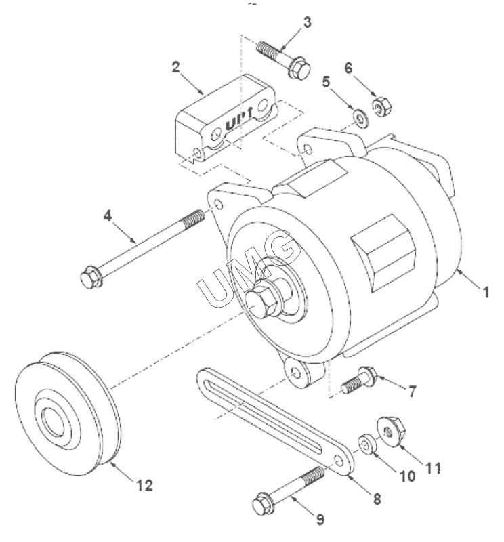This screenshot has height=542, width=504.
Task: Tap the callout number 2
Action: click(176, 67)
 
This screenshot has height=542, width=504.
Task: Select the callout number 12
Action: click(145, 485)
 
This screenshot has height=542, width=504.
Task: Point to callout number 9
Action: click(320, 519)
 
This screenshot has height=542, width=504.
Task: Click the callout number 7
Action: click(412, 392)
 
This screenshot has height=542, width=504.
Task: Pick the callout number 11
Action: click(432, 468)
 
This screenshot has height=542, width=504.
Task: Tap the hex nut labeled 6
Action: click(382, 105)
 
